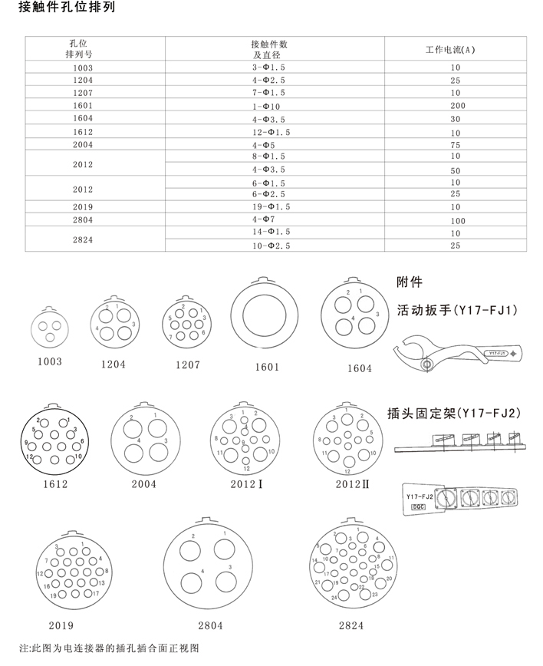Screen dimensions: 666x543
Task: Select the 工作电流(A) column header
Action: (x=451, y=50)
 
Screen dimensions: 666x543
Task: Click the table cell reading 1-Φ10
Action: (x=268, y=105)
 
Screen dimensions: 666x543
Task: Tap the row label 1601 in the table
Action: (x=83, y=105)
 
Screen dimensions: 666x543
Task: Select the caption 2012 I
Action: (x=246, y=485)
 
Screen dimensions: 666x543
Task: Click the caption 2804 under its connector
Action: (x=210, y=625)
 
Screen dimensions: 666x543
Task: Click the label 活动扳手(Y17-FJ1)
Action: (x=458, y=311)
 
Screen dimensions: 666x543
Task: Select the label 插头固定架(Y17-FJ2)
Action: (x=459, y=414)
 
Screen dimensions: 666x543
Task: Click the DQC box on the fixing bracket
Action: (x=418, y=508)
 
